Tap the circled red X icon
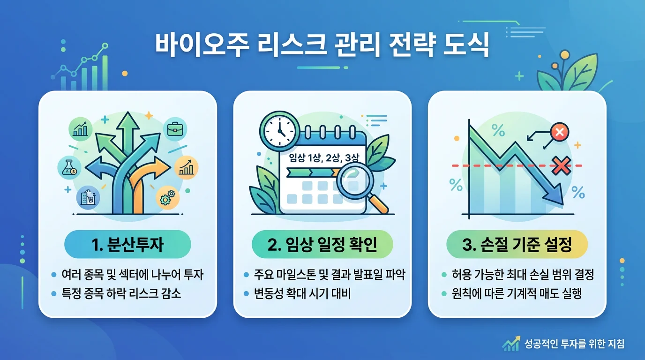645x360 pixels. click(x=559, y=132)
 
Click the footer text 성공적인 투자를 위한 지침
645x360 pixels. click(x=575, y=344)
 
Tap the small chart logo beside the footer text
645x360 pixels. click(x=510, y=344)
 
